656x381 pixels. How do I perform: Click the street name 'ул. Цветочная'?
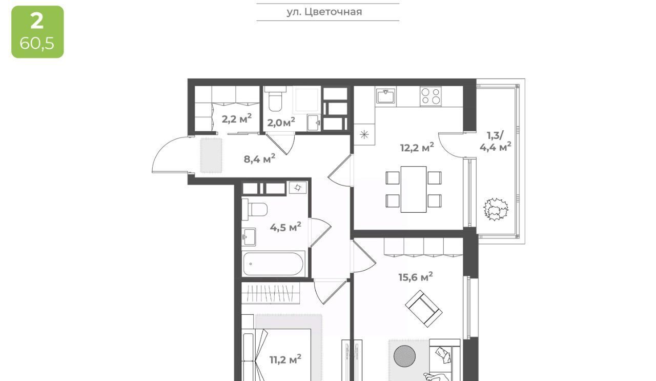324,12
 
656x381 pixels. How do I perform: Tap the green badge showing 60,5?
37,32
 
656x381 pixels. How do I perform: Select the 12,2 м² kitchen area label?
417,147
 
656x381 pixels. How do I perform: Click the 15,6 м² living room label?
416,277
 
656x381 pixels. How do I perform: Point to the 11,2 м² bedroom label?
285,359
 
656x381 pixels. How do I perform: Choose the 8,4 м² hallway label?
259,159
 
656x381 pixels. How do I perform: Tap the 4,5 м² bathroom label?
285,227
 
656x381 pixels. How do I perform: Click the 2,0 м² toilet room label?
281,122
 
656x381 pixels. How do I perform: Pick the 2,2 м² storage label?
236,118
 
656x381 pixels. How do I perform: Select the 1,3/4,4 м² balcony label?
496,141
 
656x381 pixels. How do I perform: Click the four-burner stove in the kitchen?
430,96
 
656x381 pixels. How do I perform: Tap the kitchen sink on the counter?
386,96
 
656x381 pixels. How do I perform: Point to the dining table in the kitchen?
414,189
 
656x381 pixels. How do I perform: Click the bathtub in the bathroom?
273,264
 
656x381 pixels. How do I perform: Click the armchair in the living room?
423,309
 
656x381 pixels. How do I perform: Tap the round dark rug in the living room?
404,356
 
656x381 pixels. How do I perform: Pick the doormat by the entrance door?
211,155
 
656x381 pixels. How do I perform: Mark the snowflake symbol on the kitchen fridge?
364,135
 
